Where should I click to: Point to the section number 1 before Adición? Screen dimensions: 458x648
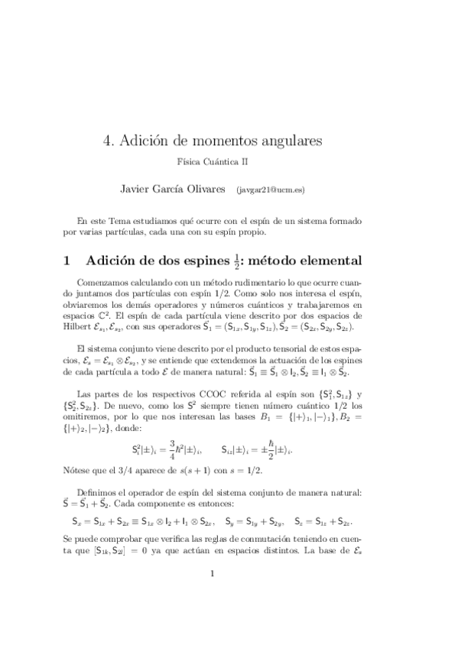point(70,261)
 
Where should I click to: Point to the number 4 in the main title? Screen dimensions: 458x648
point(107,141)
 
